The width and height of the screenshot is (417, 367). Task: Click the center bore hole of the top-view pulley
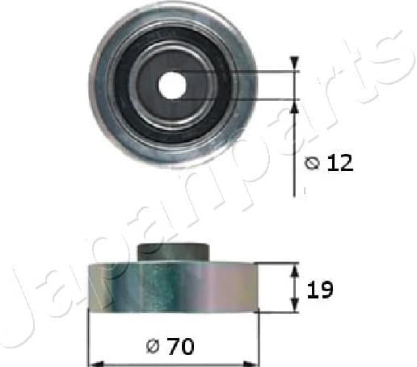pos(172,85)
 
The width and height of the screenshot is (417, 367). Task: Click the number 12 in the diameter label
pos(340,163)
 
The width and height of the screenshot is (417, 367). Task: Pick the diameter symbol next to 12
pos(314,163)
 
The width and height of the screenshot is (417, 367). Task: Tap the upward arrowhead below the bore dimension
pos(293,106)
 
